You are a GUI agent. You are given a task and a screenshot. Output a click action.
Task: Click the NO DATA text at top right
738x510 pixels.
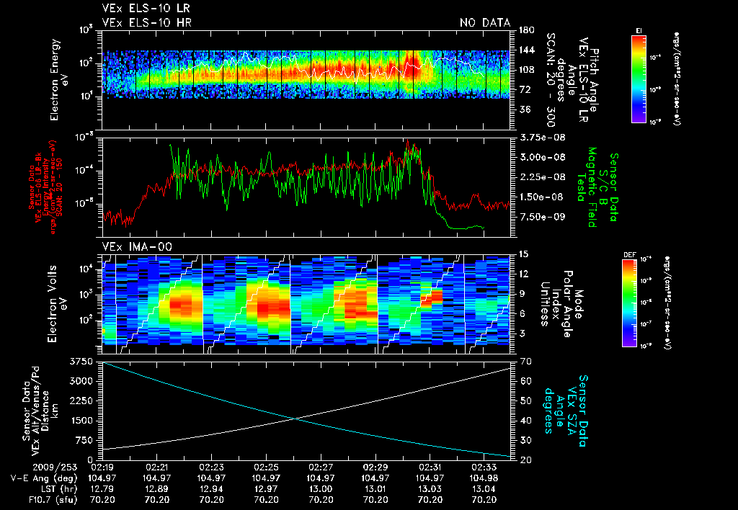(484, 23)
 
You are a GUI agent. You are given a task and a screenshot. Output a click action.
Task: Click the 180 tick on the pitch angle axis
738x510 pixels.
(525, 30)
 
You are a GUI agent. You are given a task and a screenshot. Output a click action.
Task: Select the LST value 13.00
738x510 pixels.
(321, 488)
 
